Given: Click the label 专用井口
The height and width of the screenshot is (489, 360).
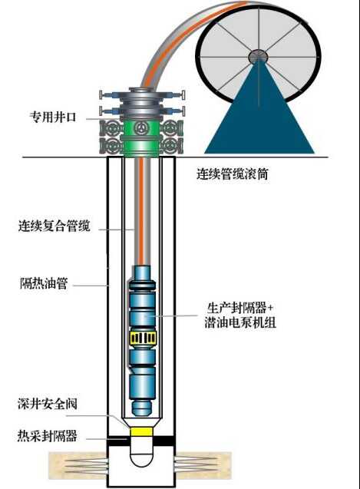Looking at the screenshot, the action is pos(53,117).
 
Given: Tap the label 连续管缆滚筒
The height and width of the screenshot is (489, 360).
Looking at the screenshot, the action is pos(233,173).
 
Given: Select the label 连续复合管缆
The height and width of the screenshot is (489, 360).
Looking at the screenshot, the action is pos(54,226).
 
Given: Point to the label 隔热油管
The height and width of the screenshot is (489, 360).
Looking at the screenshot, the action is pos(44,283).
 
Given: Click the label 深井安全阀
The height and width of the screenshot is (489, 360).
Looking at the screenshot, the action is pos(48,404).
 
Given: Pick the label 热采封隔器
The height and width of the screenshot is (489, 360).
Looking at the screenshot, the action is pos(47,435).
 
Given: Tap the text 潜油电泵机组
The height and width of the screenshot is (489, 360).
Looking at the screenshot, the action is pos(240,322).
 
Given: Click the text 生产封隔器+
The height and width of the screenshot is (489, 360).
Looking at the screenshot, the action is pos(240,308).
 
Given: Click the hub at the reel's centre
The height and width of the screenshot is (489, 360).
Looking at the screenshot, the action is pos(258,57).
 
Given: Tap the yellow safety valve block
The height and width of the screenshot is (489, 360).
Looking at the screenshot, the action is pos(142,431).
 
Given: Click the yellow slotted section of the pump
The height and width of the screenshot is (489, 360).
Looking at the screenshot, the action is pos(143,338).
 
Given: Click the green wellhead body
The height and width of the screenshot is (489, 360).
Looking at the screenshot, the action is pos(142,138).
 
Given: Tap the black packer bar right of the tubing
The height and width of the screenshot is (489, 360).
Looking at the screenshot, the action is pos(163,441).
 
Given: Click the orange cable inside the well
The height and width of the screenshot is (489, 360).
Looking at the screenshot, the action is pos(141,211).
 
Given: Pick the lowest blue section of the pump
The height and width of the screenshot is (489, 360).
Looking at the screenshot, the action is pos(142,386).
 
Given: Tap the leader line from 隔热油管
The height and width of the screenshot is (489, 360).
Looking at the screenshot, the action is pos(90,286).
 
